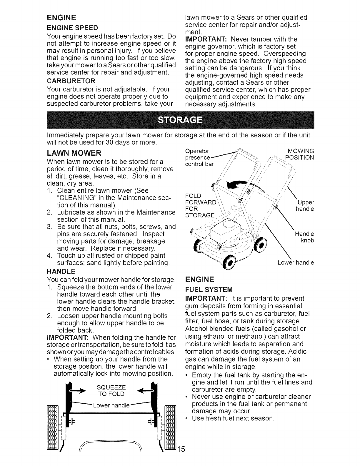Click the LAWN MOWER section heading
pos(74,153)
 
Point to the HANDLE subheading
pos(61,271)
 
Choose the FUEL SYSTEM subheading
pos(208,288)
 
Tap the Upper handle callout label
pos(306,206)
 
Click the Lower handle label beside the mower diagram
pos(296,262)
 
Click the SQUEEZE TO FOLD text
pos(111,390)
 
